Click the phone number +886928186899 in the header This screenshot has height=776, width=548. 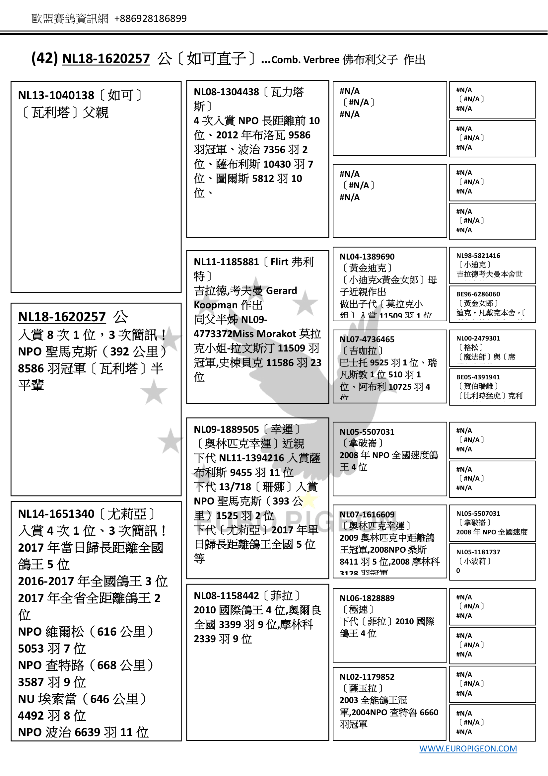(150, 19)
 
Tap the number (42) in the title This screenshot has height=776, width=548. (44, 58)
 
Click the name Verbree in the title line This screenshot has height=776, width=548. (321, 60)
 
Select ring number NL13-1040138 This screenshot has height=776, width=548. (56, 96)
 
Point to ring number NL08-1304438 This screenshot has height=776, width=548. (226, 92)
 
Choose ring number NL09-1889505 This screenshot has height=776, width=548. (226, 429)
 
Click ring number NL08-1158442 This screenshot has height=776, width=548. (226, 596)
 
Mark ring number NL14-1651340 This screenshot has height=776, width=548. (56, 514)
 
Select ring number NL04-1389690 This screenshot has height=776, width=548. (367, 257)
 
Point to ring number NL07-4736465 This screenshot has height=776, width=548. (367, 339)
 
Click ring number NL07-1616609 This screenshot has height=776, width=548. (367, 514)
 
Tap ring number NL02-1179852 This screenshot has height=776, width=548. (367, 677)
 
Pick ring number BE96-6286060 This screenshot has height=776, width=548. (478, 294)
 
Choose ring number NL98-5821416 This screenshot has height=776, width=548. (478, 256)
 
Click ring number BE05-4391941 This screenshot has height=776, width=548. (478, 377)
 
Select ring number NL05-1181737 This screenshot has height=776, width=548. (478, 552)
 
